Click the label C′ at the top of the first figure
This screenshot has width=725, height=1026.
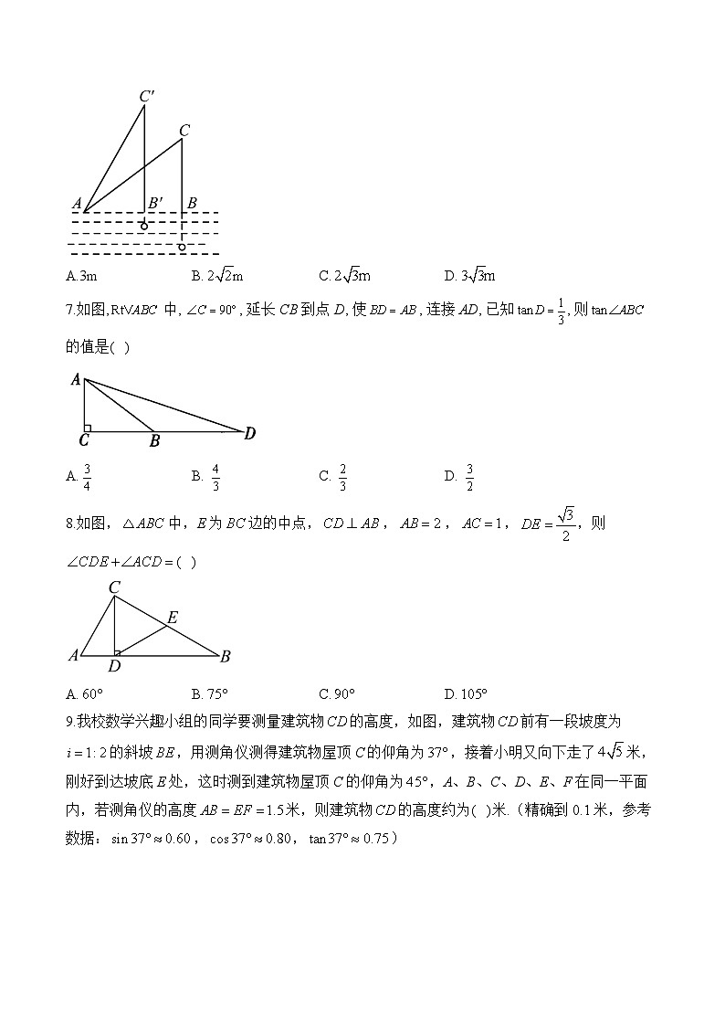[x=146, y=95]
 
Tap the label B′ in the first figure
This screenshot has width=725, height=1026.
[x=156, y=202]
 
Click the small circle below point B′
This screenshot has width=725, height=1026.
[x=143, y=226]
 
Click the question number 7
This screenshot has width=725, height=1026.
[x=70, y=310]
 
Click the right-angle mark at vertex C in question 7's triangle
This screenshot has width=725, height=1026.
[x=87, y=428]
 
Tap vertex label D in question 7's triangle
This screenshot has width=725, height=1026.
[x=249, y=434]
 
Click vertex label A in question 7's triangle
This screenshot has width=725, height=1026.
[x=76, y=380]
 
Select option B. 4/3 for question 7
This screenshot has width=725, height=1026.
[x=207, y=475]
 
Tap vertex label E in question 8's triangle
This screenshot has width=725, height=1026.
[x=172, y=618]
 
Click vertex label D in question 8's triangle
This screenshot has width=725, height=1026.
[x=114, y=665]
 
